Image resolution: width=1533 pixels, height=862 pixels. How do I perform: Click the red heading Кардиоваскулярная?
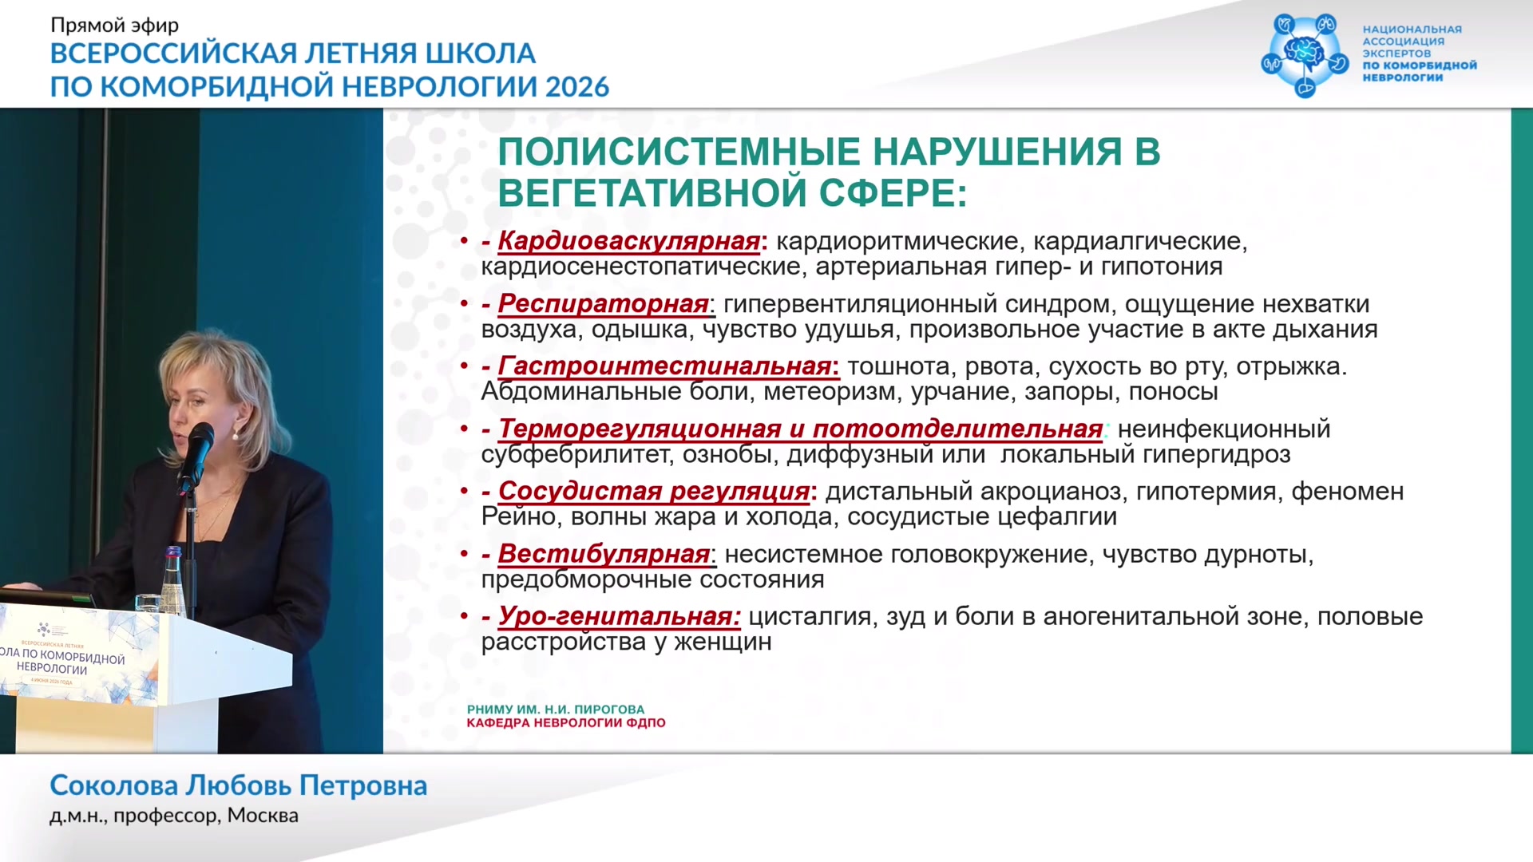[x=628, y=240]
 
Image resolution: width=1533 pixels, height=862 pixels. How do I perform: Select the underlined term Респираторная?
[x=603, y=303]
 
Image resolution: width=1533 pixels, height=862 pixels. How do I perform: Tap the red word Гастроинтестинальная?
[x=664, y=366]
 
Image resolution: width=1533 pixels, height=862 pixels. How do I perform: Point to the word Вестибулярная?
[x=604, y=553]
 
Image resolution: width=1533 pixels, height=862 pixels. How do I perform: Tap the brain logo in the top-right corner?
[x=1305, y=55]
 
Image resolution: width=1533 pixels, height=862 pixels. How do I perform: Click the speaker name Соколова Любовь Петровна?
[x=238, y=785]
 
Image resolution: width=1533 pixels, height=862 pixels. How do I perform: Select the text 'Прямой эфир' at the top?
[x=114, y=26]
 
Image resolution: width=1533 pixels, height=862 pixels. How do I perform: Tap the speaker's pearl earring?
[x=236, y=435]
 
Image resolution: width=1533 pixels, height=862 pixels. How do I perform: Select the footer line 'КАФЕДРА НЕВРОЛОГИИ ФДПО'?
[x=566, y=723]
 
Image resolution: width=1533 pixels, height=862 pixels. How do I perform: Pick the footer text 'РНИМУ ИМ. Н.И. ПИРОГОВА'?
[x=556, y=710]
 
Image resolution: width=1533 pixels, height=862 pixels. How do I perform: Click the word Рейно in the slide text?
[x=519, y=517]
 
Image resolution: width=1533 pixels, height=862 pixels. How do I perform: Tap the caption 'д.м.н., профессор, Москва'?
[x=174, y=816]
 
